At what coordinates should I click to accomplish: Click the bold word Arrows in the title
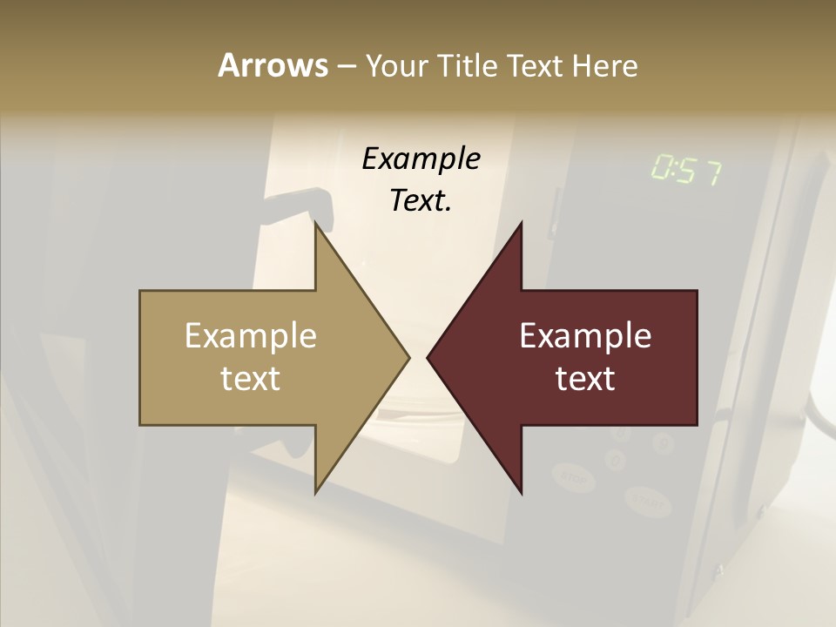272,65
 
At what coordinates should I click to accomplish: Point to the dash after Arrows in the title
346,66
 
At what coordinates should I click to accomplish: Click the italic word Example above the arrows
421,159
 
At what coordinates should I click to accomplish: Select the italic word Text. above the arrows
421,201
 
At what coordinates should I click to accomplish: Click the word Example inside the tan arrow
251,336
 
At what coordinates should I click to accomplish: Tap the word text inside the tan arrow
251,379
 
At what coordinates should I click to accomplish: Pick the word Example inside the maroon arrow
585,336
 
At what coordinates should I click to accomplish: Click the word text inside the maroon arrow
585,379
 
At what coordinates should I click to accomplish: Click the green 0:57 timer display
686,171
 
